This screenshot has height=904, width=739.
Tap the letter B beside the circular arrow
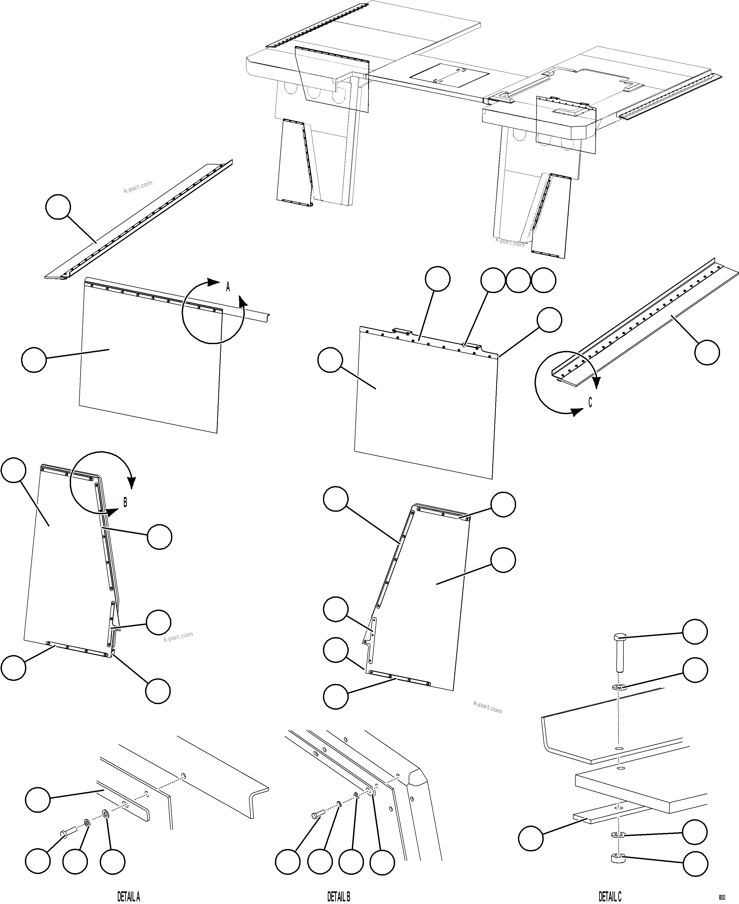[125, 502]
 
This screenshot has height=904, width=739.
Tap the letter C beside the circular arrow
[590, 402]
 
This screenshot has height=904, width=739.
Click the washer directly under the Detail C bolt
[618, 686]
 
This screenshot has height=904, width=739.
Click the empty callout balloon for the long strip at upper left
[58, 207]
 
